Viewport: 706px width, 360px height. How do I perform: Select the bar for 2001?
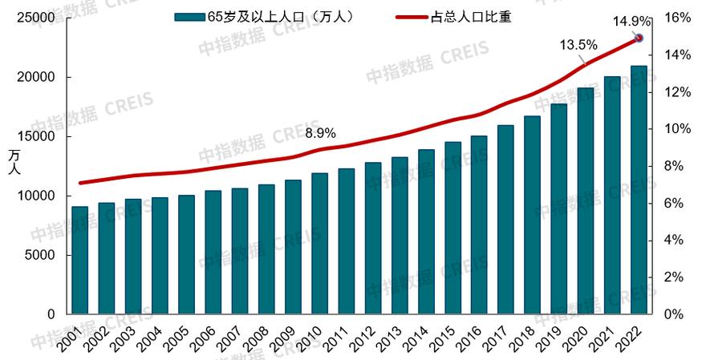click(79, 261)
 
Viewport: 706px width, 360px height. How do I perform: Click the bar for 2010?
click(319, 244)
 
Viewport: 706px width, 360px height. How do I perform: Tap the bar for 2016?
click(479, 225)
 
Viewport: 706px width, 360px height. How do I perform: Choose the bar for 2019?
click(559, 209)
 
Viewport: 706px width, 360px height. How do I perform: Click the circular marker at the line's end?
click(639, 38)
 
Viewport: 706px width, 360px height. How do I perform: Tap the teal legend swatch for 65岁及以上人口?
click(189, 17)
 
